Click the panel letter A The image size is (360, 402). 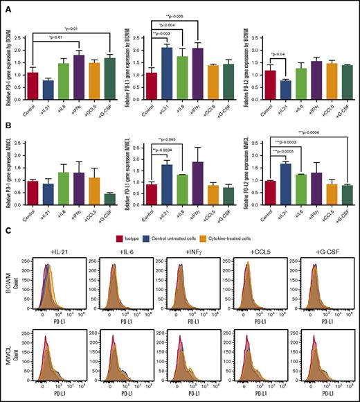pos(6,6)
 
